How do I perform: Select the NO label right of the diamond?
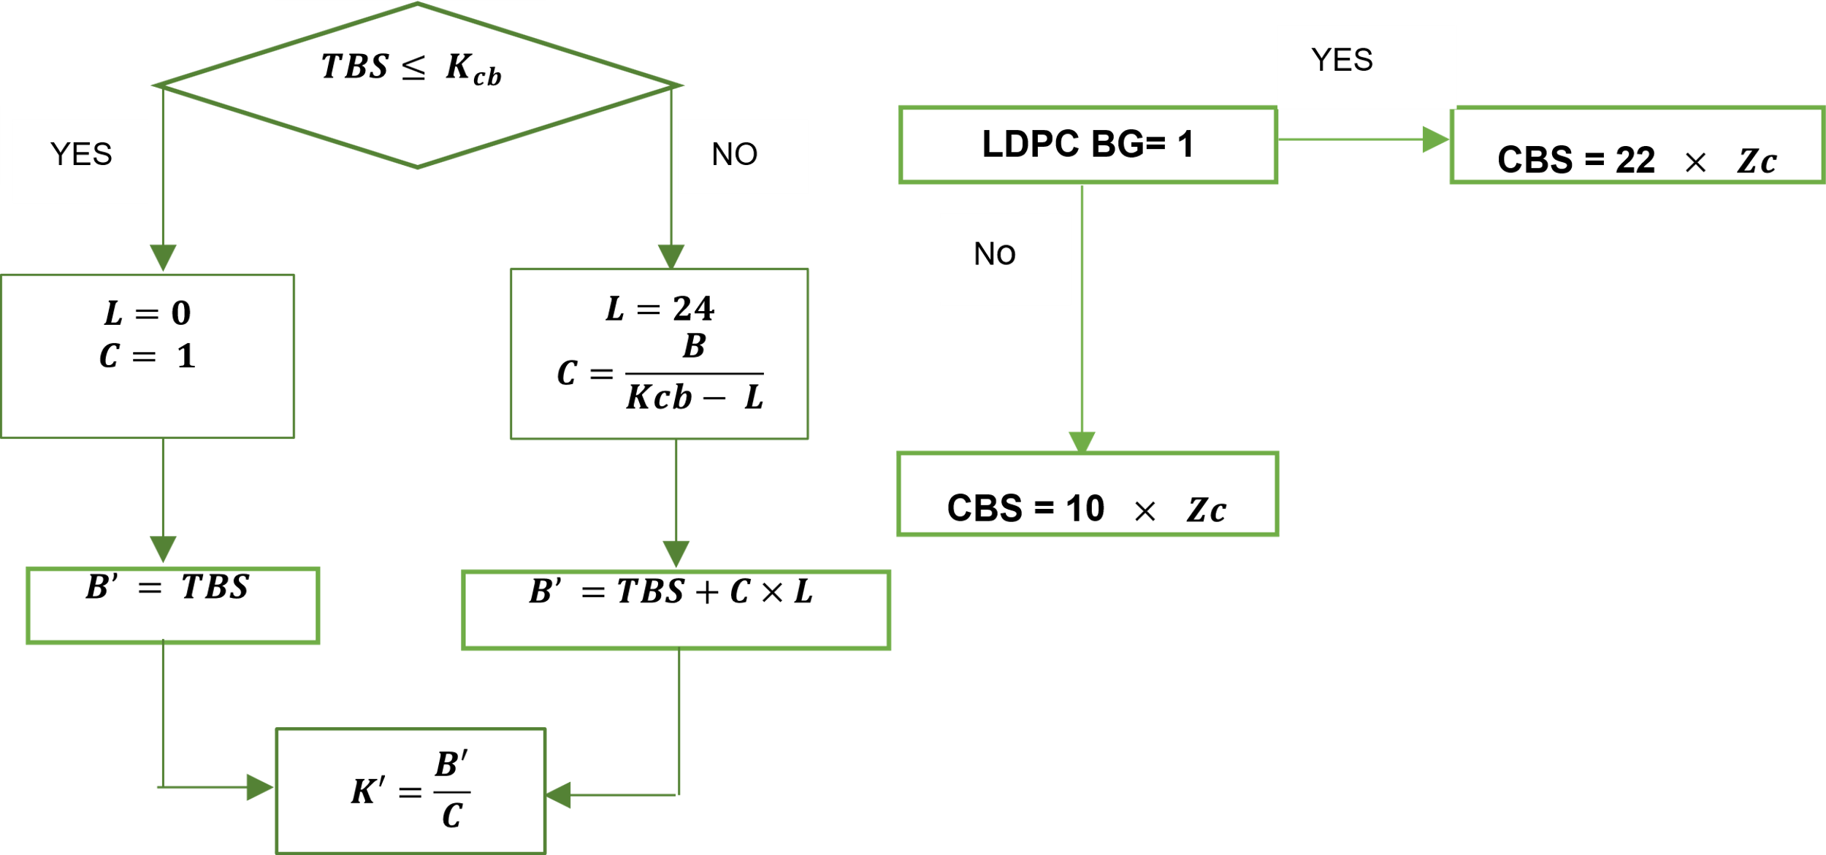(742, 156)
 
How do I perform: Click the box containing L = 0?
(148, 356)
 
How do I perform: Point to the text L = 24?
(660, 309)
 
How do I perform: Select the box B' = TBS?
(172, 605)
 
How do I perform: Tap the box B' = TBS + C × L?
(676, 610)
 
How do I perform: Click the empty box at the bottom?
(410, 790)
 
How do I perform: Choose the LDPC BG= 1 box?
(1088, 145)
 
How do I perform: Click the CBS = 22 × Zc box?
(1637, 145)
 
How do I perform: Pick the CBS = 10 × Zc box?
(1088, 494)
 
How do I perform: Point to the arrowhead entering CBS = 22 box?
(1435, 139)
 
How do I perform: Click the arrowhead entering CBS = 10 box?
(1082, 441)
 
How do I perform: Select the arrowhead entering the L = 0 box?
(163, 258)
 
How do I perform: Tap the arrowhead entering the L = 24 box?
(671, 256)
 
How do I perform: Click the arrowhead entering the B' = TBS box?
(163, 548)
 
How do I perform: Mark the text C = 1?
(148, 356)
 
